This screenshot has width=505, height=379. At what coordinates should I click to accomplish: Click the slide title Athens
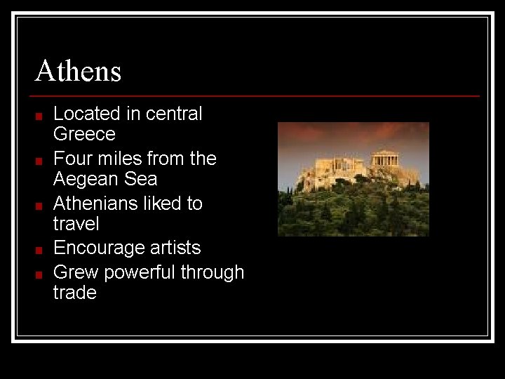tap(78, 71)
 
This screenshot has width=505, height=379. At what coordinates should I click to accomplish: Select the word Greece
tap(84, 133)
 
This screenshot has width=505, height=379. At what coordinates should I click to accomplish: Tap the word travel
tap(76, 224)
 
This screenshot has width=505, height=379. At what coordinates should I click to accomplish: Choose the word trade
tap(74, 293)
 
